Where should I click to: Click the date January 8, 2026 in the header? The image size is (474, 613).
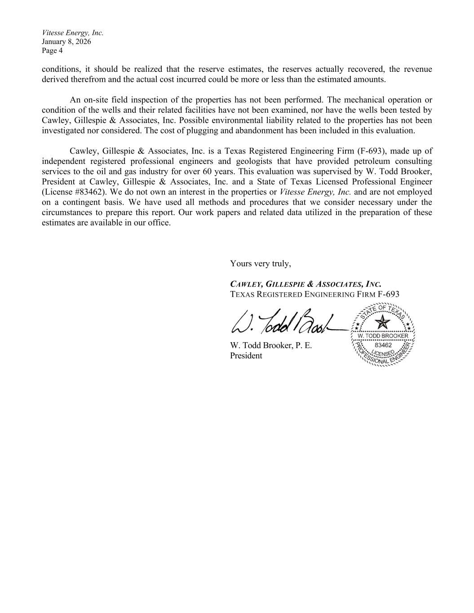pos(66,42)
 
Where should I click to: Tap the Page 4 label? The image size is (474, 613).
pos(52,51)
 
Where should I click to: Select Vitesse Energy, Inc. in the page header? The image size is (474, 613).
pos(73,33)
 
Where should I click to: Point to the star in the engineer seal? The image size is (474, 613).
pos(383,322)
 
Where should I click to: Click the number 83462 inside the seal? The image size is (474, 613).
pos(383,345)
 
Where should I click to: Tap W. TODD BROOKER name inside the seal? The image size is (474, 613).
pos(383,336)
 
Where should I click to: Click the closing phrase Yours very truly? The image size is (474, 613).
pos(261,264)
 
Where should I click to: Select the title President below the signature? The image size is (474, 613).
pos(246,356)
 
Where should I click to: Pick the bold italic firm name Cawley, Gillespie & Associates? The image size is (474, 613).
pos(306,284)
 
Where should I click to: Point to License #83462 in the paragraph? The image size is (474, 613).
pos(73,192)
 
